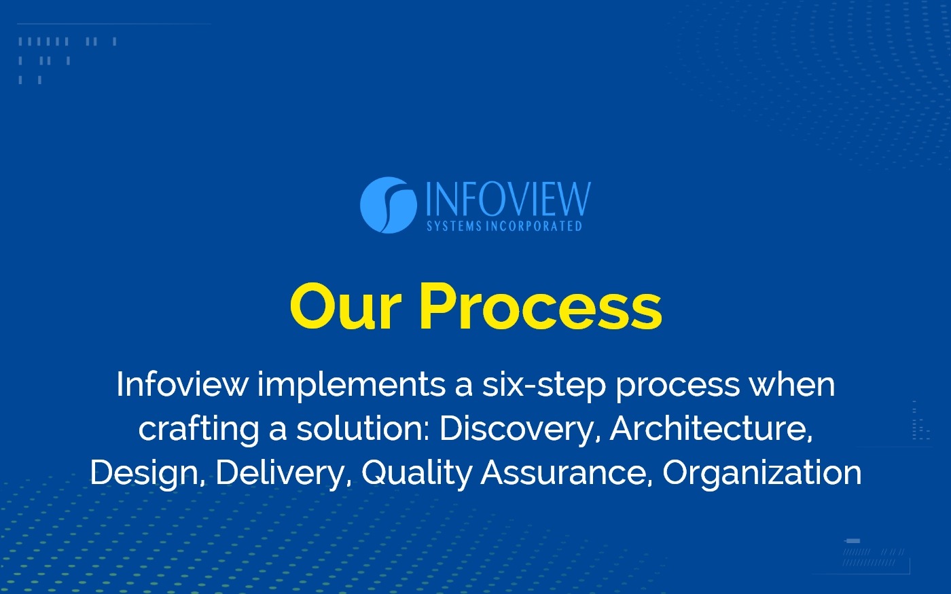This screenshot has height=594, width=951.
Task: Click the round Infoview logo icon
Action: tap(388, 205)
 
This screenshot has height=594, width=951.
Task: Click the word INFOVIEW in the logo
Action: tap(507, 199)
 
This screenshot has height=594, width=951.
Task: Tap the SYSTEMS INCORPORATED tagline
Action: tap(504, 226)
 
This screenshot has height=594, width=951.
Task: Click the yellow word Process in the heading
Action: tap(540, 308)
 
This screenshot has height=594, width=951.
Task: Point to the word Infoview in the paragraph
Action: tap(182, 384)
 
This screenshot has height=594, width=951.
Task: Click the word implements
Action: tap(351, 386)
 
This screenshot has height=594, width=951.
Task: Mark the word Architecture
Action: tap(711, 429)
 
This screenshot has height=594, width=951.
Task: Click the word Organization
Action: tap(761, 473)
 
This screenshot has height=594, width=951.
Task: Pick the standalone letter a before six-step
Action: tap(463, 386)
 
